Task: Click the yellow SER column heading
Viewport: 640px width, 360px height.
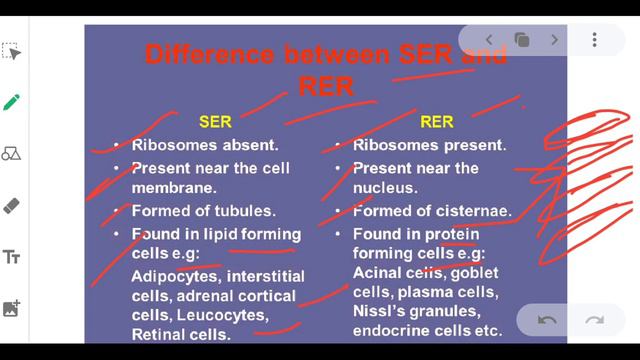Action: [x=215, y=122]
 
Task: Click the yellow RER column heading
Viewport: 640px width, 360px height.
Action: [x=436, y=122]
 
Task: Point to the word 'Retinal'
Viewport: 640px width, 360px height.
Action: [x=159, y=334]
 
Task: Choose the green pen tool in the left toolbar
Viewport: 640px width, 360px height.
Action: [x=12, y=102]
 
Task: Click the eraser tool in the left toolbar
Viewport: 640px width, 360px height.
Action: [x=12, y=205]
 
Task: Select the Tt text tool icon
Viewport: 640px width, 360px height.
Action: [x=12, y=257]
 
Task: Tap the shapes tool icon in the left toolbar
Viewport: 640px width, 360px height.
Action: [x=12, y=153]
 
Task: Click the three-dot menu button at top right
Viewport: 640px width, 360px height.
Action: [x=594, y=40]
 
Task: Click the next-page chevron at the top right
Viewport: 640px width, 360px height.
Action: [x=554, y=40]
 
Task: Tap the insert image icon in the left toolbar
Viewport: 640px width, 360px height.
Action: [x=12, y=308]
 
